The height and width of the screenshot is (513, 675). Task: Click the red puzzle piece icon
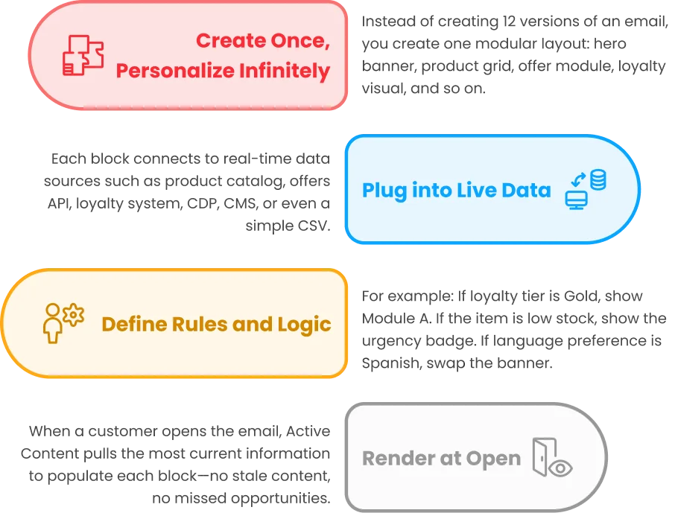[x=83, y=55]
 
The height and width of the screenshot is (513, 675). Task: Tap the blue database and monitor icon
[x=586, y=189]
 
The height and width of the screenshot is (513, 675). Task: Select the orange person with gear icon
[x=64, y=323]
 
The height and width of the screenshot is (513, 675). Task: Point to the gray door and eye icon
[x=553, y=457]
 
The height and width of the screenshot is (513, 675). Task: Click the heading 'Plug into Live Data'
[x=456, y=191]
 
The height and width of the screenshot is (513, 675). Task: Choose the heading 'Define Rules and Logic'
[x=216, y=325]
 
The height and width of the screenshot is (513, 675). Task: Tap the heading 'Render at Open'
[x=441, y=459]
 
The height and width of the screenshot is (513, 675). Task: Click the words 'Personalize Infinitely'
[x=223, y=71]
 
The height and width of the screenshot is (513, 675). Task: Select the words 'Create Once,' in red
[x=263, y=41]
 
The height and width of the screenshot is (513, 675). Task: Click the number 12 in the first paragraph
[x=509, y=22]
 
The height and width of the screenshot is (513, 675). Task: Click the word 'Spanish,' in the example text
[x=392, y=363]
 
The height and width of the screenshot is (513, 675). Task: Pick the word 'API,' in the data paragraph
[x=60, y=203]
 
